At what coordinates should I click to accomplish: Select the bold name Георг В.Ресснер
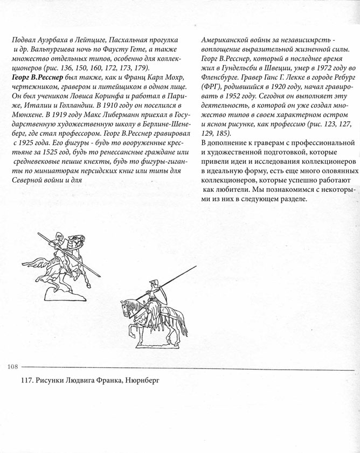[34, 79]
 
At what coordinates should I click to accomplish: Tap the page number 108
[12, 367]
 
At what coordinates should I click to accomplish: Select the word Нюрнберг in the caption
[141, 382]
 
